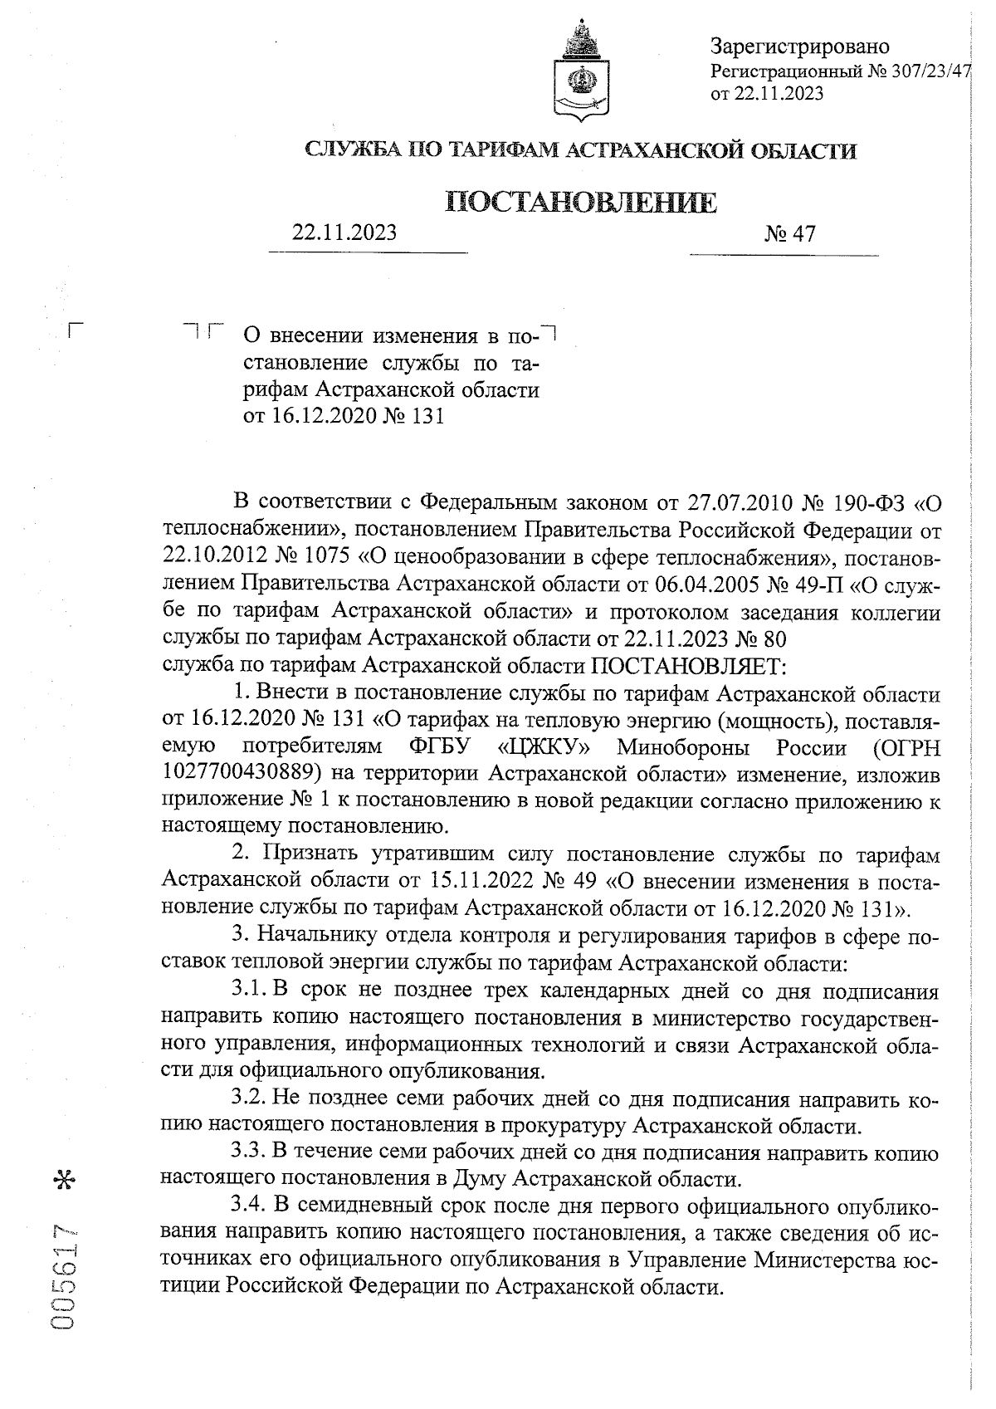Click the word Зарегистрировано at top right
[x=800, y=46]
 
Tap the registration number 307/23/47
[x=929, y=71]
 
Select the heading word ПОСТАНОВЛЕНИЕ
[x=581, y=203]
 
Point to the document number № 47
[x=790, y=234]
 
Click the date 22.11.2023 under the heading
[x=344, y=232]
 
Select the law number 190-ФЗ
[x=867, y=503]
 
